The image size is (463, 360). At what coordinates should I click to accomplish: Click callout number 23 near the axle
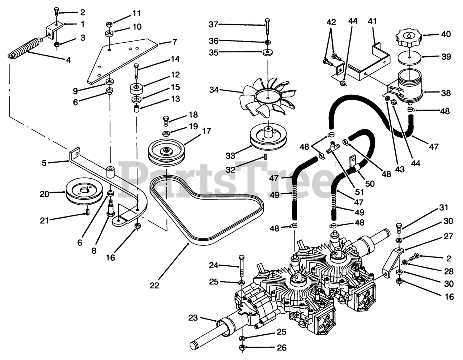pos(193,318)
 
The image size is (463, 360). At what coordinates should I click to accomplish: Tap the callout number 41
pos(372,21)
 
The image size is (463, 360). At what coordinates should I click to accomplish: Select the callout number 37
pos(213,25)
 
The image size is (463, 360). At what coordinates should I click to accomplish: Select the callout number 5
pos(44,163)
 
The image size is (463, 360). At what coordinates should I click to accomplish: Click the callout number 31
pos(444,208)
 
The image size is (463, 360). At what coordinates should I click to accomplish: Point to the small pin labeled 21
pos(88,212)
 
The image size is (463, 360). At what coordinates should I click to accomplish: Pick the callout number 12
pos(175,75)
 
